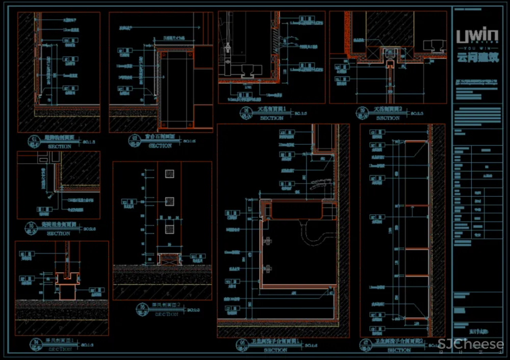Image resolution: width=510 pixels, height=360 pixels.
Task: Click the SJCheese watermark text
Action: coord(471,344)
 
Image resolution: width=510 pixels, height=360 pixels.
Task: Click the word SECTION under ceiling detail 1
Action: coord(271,118)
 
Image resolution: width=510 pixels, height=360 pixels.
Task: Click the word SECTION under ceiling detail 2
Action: coord(388,118)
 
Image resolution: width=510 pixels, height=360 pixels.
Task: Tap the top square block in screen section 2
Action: coord(169,174)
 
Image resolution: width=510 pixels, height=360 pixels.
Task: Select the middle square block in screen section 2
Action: coord(169,201)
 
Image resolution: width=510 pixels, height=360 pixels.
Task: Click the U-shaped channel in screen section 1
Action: coord(67,278)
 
